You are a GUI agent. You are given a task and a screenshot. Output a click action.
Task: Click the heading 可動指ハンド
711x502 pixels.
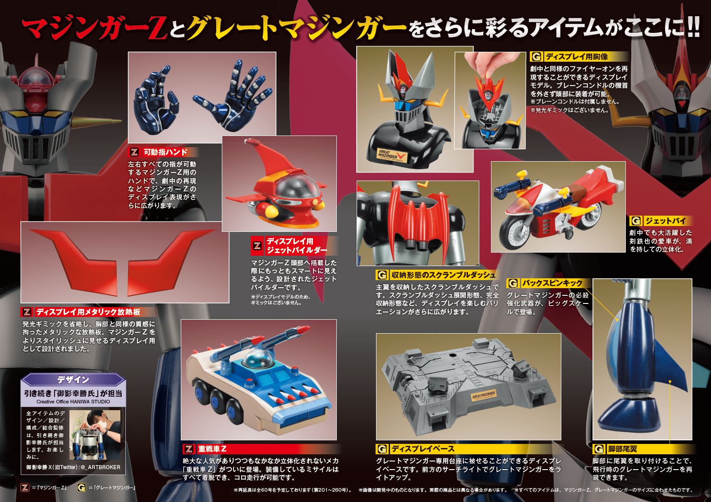click(x=165, y=152)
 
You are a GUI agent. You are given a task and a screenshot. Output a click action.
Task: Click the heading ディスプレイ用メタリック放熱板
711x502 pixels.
click(x=88, y=312)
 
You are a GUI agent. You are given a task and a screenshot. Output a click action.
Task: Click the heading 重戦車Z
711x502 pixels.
click(x=212, y=449)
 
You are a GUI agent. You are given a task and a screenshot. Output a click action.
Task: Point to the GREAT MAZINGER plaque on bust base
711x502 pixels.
click(x=392, y=155)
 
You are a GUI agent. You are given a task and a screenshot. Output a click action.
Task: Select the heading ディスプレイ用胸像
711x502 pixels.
click(x=577, y=57)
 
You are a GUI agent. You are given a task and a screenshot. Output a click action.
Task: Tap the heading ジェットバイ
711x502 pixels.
click(x=665, y=221)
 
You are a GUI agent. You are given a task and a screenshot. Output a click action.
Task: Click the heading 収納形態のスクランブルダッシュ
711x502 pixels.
click(x=443, y=275)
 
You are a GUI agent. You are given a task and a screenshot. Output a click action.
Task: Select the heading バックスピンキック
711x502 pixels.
click(x=552, y=283)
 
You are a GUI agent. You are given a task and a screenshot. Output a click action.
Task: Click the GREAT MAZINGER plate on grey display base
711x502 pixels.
click(x=483, y=395)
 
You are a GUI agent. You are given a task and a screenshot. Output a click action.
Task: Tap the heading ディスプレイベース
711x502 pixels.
click(x=422, y=449)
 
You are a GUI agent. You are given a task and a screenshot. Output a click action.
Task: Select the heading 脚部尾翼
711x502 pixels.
click(x=622, y=449)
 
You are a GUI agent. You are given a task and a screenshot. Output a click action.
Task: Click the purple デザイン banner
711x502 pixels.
click(x=73, y=380)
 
